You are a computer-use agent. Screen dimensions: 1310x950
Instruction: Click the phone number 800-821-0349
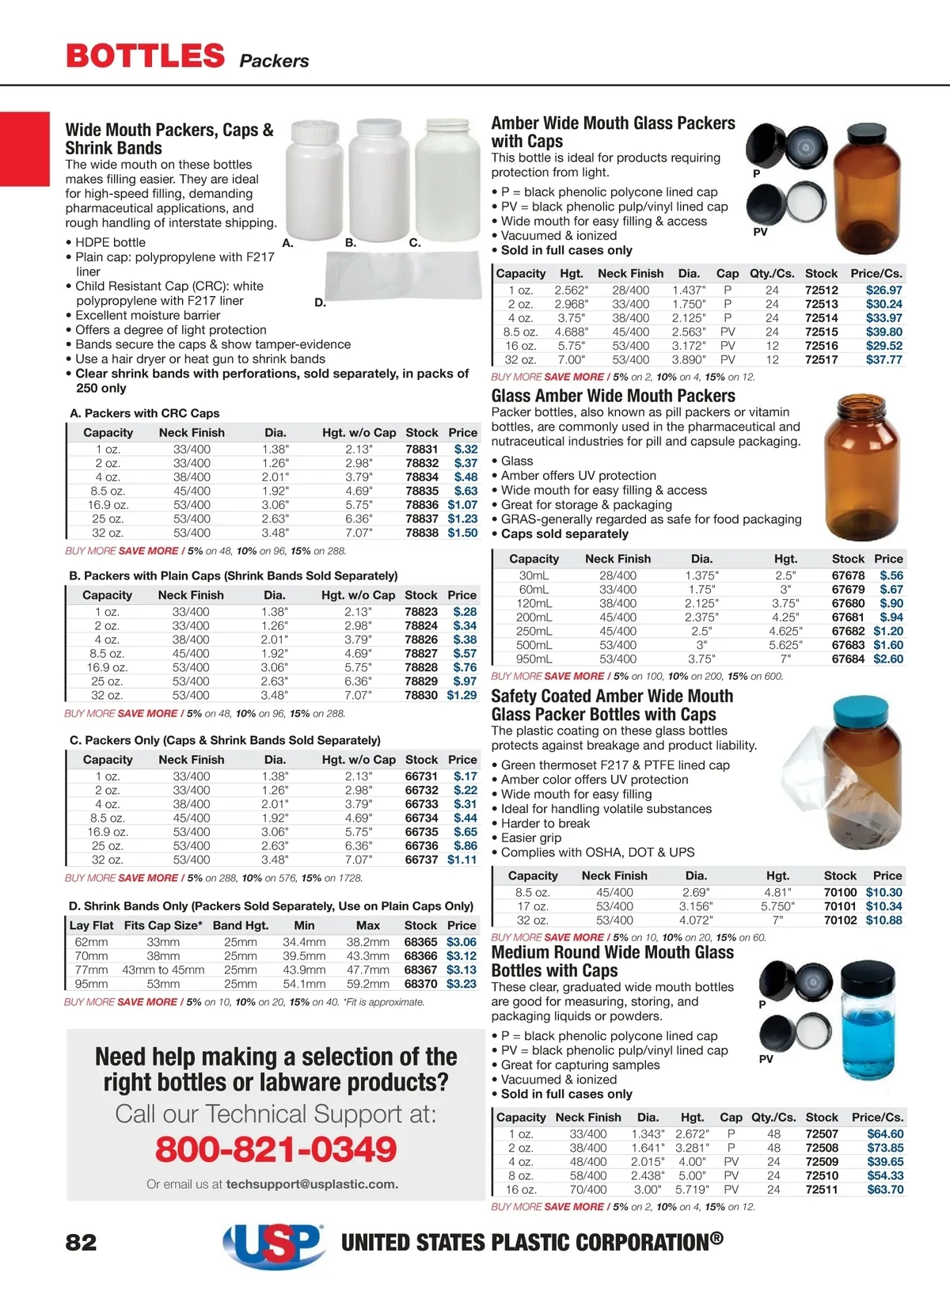tap(275, 1149)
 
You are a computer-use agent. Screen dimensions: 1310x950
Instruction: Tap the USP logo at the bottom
tap(274, 1244)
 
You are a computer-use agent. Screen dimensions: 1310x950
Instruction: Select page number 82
tap(81, 1242)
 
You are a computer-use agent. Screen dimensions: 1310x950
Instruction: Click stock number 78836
tap(422, 505)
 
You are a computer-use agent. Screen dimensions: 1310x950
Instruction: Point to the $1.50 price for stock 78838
tap(462, 533)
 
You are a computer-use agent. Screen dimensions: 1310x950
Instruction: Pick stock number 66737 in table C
tap(421, 860)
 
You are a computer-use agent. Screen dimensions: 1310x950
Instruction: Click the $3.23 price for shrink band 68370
tap(462, 984)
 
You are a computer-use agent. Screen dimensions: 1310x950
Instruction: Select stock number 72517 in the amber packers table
tap(822, 359)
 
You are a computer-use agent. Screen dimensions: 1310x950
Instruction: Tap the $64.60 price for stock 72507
tap(885, 1133)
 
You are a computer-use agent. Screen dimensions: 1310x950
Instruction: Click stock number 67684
tap(848, 659)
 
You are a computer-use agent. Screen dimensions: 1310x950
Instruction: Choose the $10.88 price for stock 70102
tap(883, 920)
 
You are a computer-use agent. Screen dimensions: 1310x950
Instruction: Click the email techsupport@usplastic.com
tap(312, 1184)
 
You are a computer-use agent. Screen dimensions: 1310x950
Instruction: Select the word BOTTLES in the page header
tap(146, 56)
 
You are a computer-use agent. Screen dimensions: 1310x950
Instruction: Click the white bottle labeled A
tap(315, 182)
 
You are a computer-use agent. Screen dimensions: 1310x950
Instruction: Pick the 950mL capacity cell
tap(534, 659)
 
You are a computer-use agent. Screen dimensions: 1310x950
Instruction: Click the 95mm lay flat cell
tap(91, 984)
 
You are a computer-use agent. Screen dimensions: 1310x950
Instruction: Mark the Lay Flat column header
tap(91, 925)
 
